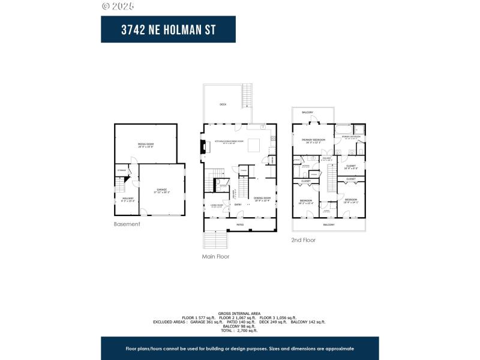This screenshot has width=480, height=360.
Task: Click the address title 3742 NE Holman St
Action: tap(168, 29)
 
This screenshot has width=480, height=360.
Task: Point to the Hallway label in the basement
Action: tap(128, 199)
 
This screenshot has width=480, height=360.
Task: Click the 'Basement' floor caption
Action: tap(127, 224)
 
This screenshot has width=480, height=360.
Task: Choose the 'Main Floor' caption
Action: tap(215, 256)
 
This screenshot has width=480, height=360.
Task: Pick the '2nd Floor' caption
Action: tap(304, 240)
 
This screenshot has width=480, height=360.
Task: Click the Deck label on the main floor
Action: tap(223, 104)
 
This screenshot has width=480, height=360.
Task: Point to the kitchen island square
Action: tap(254, 145)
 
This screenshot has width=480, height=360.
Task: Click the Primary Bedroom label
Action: tap(313, 140)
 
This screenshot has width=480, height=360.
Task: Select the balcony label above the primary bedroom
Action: tap(308, 113)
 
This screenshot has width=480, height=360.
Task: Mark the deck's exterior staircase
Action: tap(246, 95)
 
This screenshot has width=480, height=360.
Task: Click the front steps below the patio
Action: tap(216, 240)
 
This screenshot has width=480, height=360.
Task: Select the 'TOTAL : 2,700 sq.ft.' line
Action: tap(240, 331)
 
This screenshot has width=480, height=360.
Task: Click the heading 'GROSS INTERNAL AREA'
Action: tap(239, 314)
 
